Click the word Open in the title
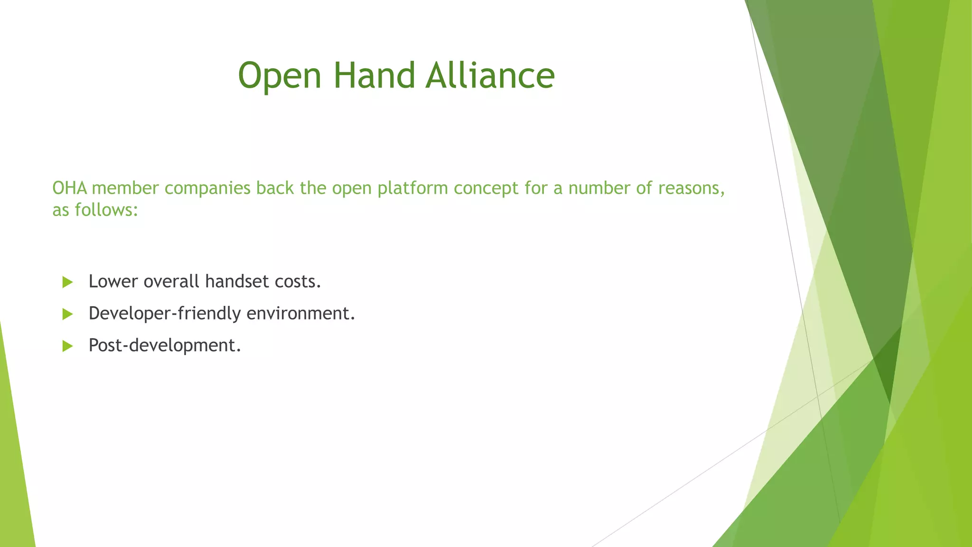280,76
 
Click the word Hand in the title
374,76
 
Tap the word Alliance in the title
490,76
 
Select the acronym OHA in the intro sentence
69,188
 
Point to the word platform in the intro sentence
413,189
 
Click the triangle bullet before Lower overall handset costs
67,282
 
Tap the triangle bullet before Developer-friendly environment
67,314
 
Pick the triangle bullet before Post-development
67,346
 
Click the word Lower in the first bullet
113,282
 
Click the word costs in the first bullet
298,282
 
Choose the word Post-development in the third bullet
164,346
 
